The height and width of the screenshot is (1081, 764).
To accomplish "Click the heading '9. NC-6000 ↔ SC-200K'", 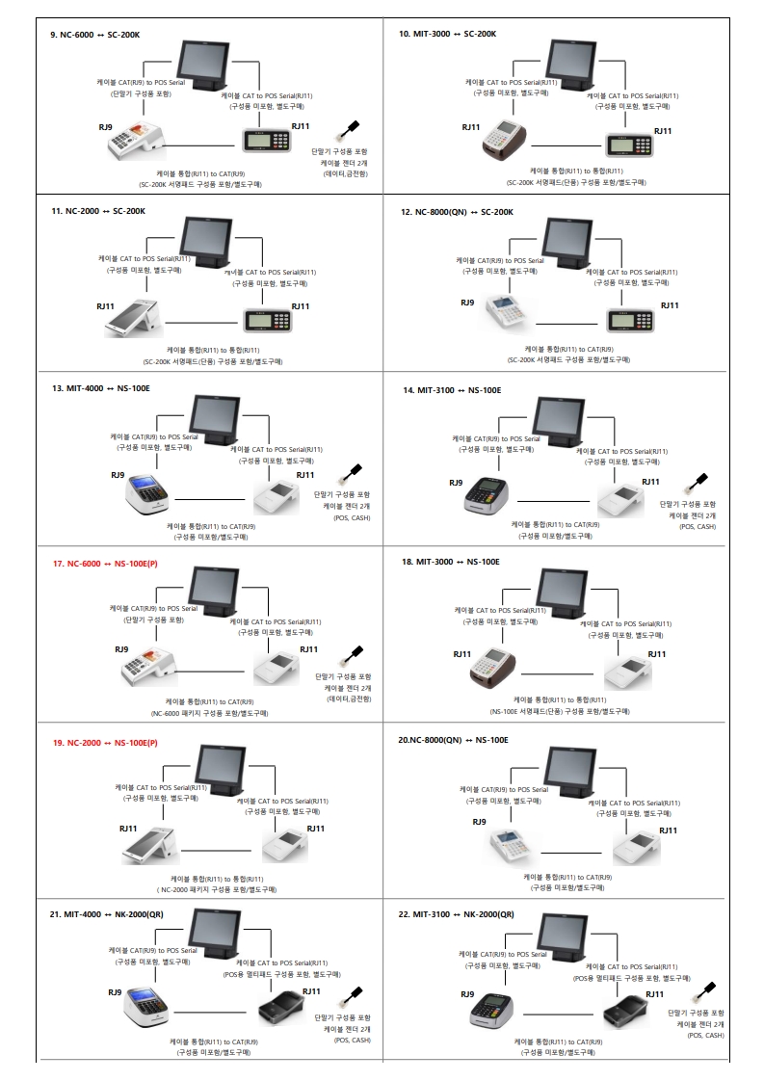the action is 95,35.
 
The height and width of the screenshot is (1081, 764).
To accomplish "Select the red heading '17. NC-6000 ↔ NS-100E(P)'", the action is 105,564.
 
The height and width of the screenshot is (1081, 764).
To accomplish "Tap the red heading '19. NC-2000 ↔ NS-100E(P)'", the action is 105,743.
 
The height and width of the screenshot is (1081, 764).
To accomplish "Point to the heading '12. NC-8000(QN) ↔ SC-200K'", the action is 457,212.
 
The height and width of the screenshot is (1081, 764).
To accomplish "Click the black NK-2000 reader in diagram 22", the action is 625,1014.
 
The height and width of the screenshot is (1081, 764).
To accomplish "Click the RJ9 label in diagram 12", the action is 467,303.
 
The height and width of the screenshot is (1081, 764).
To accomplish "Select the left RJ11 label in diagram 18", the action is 462,654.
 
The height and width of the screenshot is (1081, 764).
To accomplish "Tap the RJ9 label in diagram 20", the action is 479,822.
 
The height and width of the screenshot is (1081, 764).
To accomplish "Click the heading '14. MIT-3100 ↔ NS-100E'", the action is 453,390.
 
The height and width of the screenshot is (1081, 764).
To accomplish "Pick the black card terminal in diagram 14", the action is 487,494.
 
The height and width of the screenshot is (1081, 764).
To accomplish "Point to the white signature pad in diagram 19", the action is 285,846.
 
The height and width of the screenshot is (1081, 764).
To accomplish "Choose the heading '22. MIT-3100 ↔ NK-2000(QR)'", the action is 457,914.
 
